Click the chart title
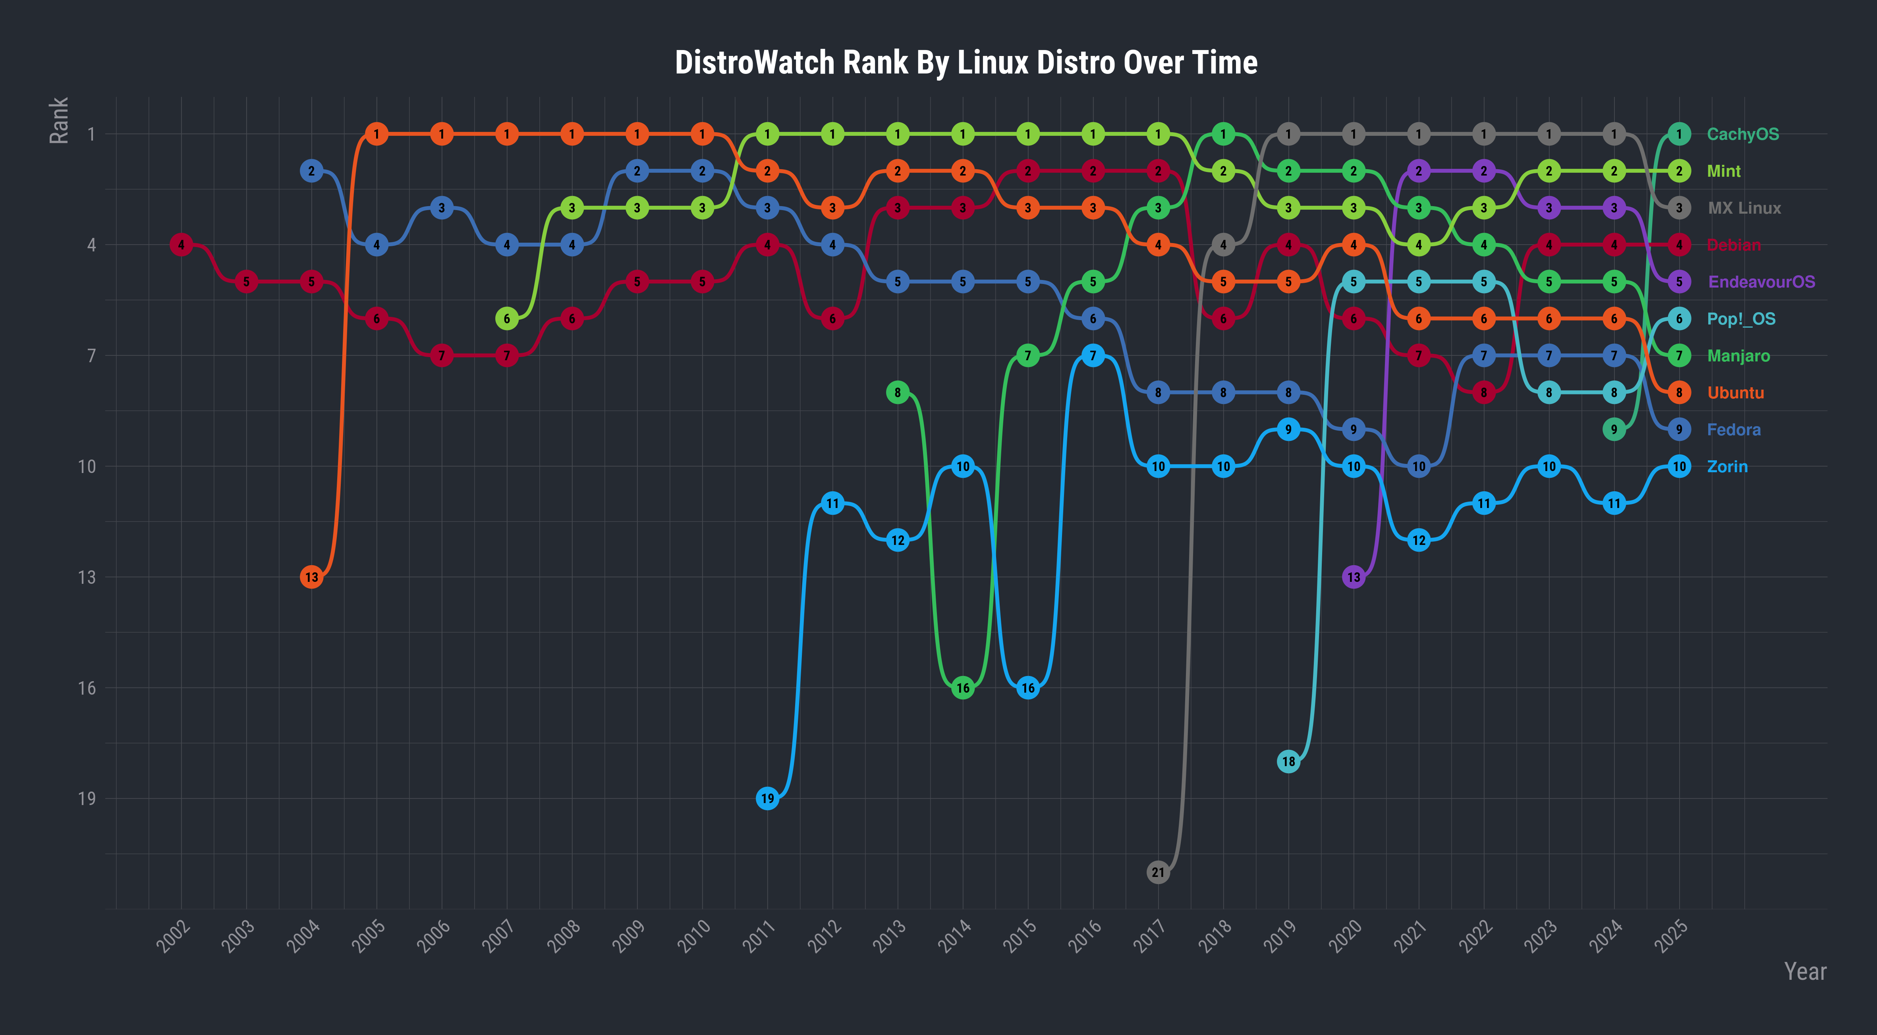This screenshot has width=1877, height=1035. (966, 63)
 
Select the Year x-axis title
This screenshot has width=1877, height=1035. (1804, 971)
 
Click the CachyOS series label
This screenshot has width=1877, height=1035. (1742, 134)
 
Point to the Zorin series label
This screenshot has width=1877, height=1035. (1727, 467)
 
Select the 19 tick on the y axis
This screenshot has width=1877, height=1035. (87, 799)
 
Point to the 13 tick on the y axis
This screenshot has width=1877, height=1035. (87, 577)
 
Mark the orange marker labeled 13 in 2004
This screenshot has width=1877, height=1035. (311, 577)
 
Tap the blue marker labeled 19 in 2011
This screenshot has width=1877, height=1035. (767, 799)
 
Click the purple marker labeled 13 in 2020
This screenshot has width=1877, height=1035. (1353, 577)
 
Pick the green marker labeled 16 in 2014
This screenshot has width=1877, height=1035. (963, 688)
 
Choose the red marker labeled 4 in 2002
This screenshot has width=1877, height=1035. (182, 245)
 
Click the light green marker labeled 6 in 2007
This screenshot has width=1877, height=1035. (506, 319)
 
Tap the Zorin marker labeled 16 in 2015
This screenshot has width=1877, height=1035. (1027, 688)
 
